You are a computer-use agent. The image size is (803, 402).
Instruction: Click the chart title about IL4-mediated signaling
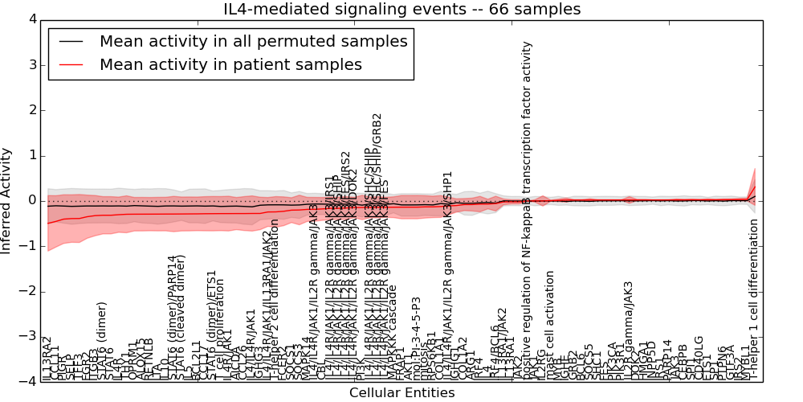(401, 9)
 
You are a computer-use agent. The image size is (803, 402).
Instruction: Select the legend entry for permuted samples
(253, 41)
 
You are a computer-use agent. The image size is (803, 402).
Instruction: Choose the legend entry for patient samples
(230, 64)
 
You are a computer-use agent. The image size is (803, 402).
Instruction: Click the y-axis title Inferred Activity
(7, 201)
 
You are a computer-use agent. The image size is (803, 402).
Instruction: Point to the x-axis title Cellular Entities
(401, 392)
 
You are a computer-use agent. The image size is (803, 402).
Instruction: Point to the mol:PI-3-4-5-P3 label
(416, 338)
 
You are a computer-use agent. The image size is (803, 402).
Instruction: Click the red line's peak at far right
(755, 187)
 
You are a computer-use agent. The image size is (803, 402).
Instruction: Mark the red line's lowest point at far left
(48, 223)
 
